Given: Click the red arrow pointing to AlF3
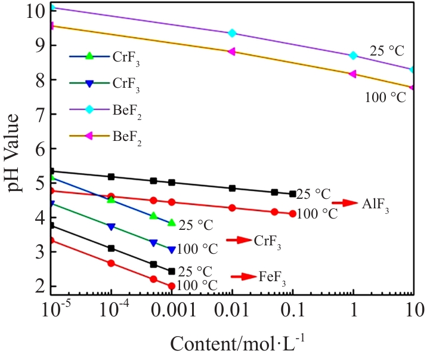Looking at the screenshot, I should pos(344,204).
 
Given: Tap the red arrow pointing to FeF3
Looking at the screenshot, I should pos(243,276).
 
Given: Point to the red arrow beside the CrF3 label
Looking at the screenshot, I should pos(238,240).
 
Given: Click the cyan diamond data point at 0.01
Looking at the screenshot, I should pos(232,33).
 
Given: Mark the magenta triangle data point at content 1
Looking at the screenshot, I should pos(352,74).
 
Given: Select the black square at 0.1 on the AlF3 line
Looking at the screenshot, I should pos(292,194).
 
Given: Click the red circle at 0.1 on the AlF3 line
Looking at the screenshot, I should pos(292,214).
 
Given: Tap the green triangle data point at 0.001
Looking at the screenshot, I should pos(172,223).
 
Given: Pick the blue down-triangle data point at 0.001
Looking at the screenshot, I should pos(172,250).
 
